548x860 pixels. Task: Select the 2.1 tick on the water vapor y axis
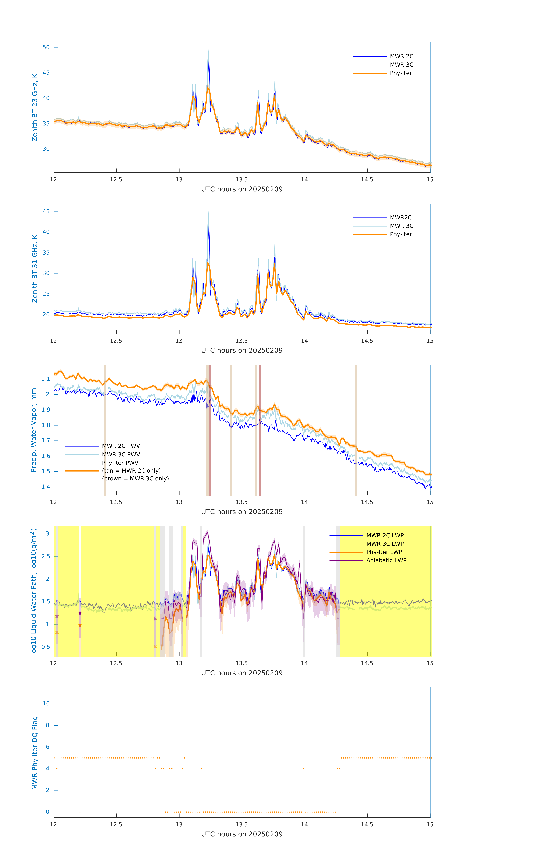46,379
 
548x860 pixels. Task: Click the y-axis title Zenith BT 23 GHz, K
35,107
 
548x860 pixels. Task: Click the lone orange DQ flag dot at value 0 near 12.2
80,812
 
